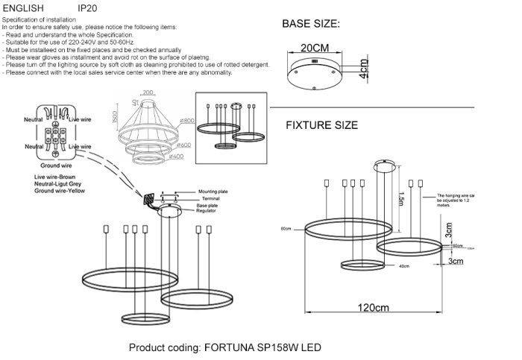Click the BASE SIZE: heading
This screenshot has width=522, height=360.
pos(310,24)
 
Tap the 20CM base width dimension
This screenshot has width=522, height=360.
pos(314,48)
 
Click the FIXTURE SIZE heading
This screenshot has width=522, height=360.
pos(321,125)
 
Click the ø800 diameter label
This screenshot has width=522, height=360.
pos(186,120)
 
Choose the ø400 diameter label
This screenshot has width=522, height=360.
pos(177,157)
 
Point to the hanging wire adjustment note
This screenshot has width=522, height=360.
pos(461,198)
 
